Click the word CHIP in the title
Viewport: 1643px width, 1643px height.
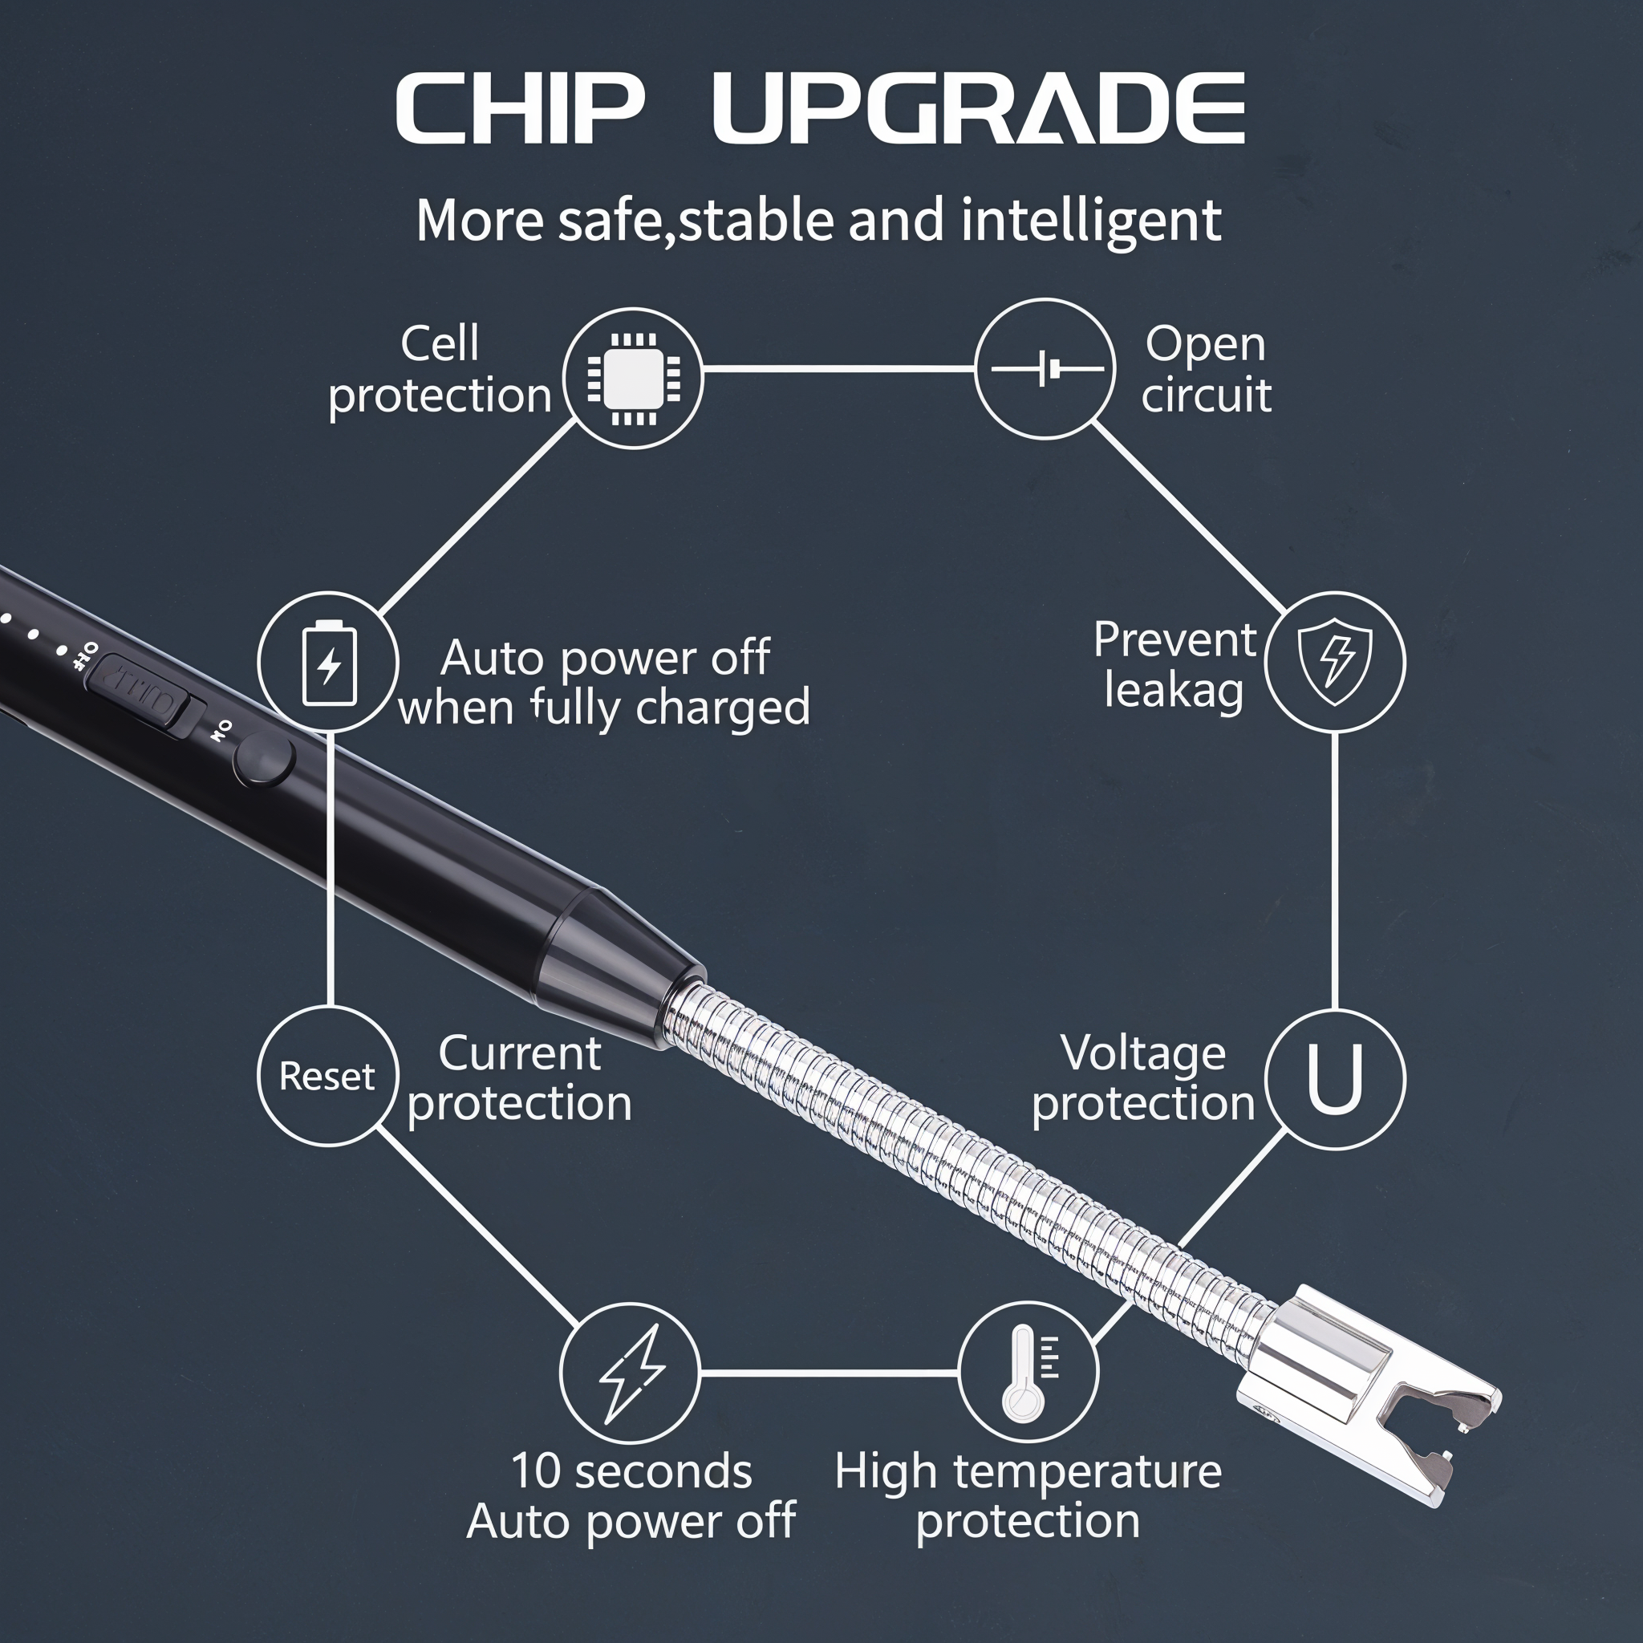click(520, 108)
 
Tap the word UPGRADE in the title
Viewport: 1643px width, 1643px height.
click(979, 108)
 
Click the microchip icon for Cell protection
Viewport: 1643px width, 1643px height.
click(634, 379)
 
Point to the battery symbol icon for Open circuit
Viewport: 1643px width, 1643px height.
click(1047, 369)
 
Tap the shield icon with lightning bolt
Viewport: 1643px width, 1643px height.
click(1335, 662)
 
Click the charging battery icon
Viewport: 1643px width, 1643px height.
click(329, 663)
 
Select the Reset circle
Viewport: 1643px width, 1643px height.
click(328, 1076)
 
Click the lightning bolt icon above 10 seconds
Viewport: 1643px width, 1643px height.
click(632, 1373)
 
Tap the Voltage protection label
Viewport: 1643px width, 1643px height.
click(1144, 1078)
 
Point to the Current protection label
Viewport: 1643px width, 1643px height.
click(520, 1078)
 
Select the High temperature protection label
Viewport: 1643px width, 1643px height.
click(1028, 1496)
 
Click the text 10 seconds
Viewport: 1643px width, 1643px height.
click(632, 1472)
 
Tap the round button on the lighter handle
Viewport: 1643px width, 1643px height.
click(264, 760)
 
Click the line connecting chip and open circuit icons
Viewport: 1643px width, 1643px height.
click(838, 369)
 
